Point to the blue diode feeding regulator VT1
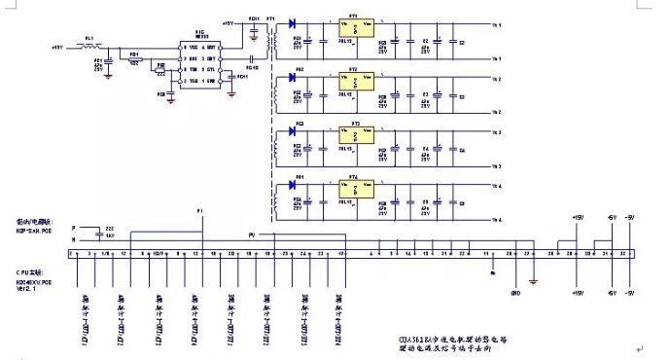[x=293, y=23]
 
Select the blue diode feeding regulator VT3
[x=293, y=130]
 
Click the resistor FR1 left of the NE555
[x=135, y=58]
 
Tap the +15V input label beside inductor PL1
[x=56, y=46]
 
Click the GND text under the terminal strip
[x=516, y=290]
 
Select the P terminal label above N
[x=73, y=227]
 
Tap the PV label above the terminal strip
[x=251, y=234]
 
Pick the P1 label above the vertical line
[x=201, y=211]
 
